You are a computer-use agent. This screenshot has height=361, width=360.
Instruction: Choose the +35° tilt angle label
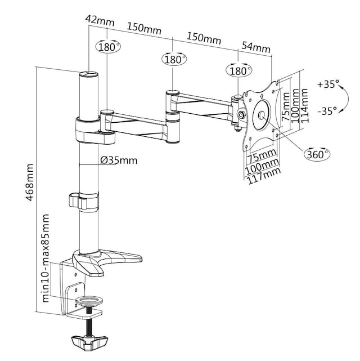pyautogui.click(x=328, y=85)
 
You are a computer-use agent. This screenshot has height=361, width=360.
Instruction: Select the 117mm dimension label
pyautogui.click(x=263, y=179)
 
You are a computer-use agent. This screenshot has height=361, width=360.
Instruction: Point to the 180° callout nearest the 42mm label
pyautogui.click(x=109, y=47)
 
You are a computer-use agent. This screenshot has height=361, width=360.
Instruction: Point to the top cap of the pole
pyautogui.click(x=88, y=73)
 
